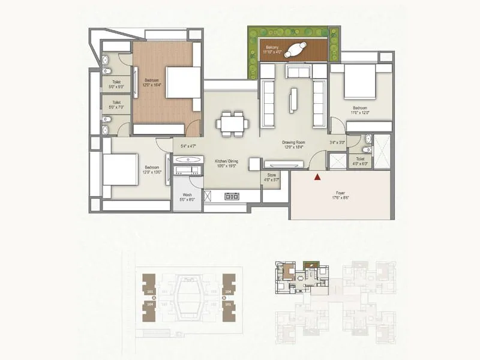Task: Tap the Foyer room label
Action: (x=341, y=196)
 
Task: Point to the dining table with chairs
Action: (x=233, y=123)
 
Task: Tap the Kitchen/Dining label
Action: (x=227, y=163)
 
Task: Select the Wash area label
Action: (x=187, y=197)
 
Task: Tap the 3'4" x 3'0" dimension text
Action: (x=337, y=143)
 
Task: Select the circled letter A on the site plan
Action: (x=155, y=298)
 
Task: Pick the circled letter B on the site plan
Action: (x=223, y=298)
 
